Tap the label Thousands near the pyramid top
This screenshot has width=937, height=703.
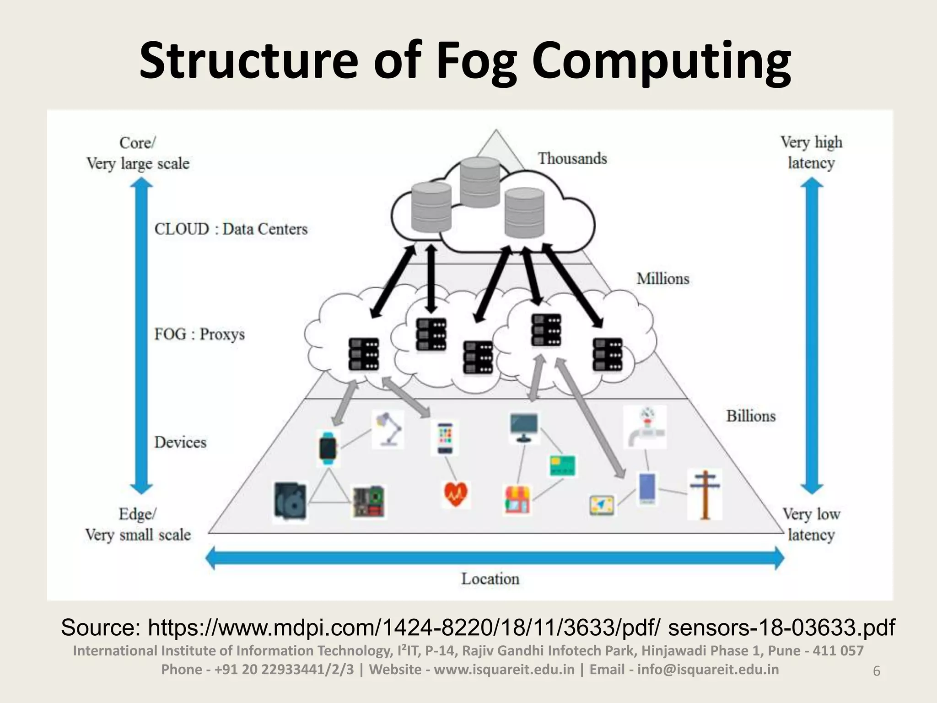[572, 158]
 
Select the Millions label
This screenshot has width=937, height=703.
[662, 279]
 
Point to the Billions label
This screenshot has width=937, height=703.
[751, 416]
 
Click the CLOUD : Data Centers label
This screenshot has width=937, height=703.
[231, 229]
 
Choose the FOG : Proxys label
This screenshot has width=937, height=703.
[199, 334]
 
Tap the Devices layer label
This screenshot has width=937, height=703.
[180, 442]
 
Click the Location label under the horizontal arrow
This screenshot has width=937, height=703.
[490, 579]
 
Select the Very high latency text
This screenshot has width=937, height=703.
[811, 152]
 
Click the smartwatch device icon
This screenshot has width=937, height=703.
[328, 448]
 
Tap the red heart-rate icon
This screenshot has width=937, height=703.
[456, 494]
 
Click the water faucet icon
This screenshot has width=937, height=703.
[645, 427]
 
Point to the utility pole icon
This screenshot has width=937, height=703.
[705, 495]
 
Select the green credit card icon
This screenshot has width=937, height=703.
[562, 466]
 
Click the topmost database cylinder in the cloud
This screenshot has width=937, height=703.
[479, 182]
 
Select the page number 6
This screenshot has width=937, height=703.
[877, 671]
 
